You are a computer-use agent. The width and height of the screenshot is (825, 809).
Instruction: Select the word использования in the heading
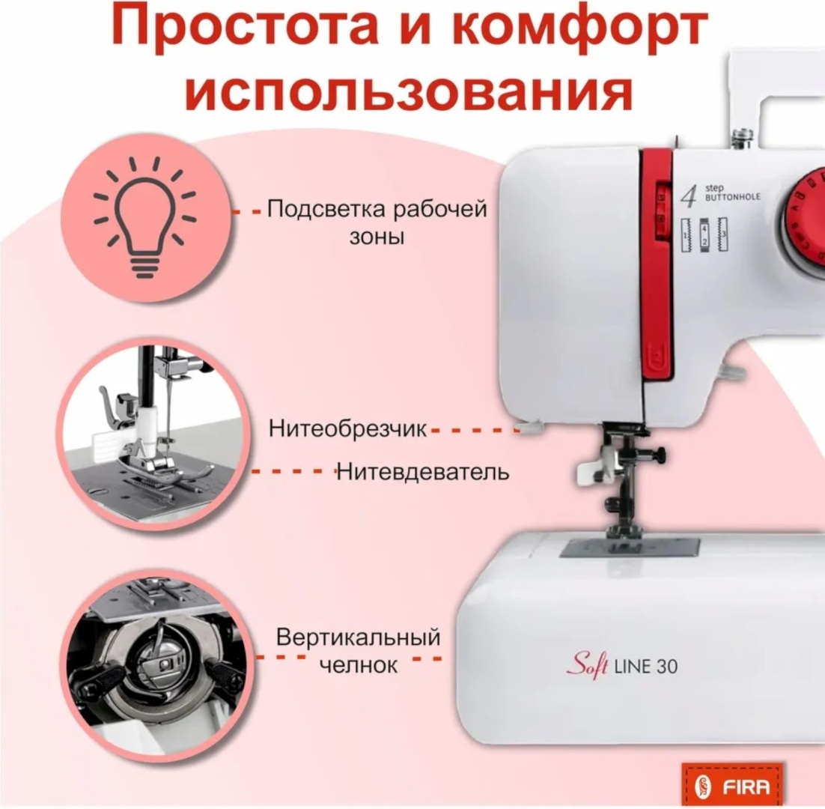click(409, 91)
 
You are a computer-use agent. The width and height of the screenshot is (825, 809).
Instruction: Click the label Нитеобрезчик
click(348, 428)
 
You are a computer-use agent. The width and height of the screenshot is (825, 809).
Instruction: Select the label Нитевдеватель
click(422, 472)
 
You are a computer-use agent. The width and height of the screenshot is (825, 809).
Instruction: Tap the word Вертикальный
click(359, 637)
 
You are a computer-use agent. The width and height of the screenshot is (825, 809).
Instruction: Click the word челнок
click(359, 665)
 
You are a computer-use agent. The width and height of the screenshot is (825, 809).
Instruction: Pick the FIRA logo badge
click(732, 787)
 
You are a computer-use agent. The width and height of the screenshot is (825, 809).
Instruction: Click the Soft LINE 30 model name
click(622, 666)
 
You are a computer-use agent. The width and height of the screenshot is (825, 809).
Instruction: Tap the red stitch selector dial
click(803, 215)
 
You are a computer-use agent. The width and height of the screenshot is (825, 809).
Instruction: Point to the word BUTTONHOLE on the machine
click(732, 198)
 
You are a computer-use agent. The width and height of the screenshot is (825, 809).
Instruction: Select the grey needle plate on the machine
click(630, 548)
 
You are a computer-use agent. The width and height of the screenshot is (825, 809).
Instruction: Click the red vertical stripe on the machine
click(657, 263)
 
